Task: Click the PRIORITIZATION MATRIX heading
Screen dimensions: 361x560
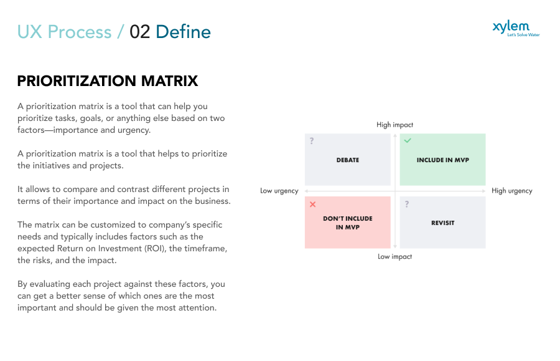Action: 108,81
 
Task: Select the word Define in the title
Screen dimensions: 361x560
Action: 183,32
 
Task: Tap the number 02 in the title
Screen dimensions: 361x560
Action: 140,32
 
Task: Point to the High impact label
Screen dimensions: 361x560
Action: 394,125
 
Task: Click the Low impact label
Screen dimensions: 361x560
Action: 394,256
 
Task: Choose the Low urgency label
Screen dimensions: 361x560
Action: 279,191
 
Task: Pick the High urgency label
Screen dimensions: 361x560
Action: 511,191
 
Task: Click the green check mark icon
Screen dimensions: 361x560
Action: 408,141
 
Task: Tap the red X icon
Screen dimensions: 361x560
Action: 312,205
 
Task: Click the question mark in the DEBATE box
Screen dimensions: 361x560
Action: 312,141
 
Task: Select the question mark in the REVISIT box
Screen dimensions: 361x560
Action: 407,205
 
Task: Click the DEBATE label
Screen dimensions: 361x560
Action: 347,160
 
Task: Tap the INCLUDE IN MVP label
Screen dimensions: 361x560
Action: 442,160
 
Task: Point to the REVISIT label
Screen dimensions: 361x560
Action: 442,223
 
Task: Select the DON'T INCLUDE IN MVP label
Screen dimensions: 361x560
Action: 347,223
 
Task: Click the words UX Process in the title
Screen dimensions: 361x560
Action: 64,32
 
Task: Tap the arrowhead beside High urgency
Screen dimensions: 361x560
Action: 484,191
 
